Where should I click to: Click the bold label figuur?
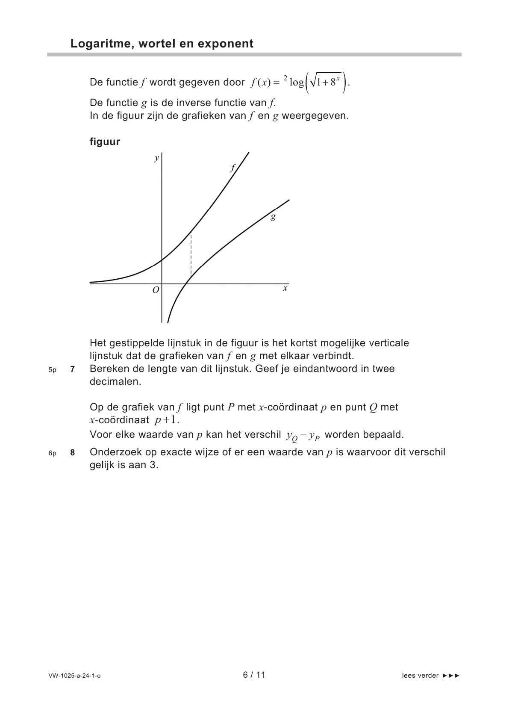105,142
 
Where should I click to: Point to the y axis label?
156,159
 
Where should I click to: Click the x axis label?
285,289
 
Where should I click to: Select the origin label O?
156,290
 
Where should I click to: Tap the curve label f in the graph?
233,168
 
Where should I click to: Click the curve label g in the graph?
273,216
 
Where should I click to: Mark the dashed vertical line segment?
191,255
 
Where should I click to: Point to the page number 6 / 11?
254,675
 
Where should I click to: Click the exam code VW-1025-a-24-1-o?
75,676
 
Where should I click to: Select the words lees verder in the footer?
420,676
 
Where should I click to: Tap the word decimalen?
115,382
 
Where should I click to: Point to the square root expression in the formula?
325,83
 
